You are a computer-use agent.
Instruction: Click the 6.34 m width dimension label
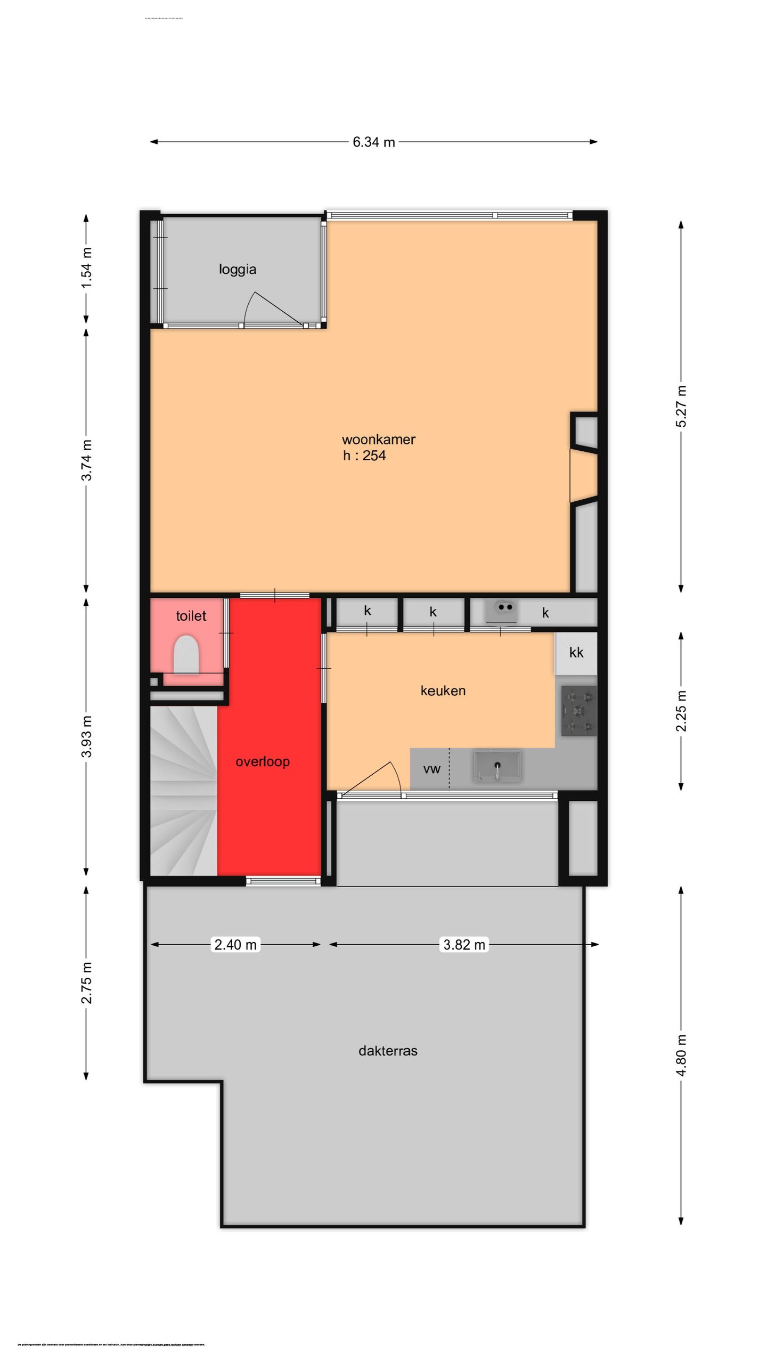coord(373,142)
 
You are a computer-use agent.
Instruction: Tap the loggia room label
coord(238,269)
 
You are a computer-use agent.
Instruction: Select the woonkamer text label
coord(378,440)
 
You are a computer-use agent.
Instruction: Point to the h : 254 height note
coord(364,456)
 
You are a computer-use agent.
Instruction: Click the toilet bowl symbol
coord(186,654)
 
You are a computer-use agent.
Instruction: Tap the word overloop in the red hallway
coord(263,761)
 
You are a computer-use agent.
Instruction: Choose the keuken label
coord(443,691)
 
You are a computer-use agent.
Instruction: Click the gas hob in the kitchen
coord(578,711)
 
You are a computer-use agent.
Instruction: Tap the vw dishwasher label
coord(431,769)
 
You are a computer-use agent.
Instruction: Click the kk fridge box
coord(576,653)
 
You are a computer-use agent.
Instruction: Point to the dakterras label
coord(388,1051)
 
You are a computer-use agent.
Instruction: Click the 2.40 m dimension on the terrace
coord(235,945)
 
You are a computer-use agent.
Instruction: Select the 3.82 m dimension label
coord(464,945)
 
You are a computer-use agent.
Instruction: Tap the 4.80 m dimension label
coord(681,1055)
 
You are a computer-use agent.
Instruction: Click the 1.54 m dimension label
coord(86,268)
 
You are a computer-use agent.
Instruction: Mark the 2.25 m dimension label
coord(681,711)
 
